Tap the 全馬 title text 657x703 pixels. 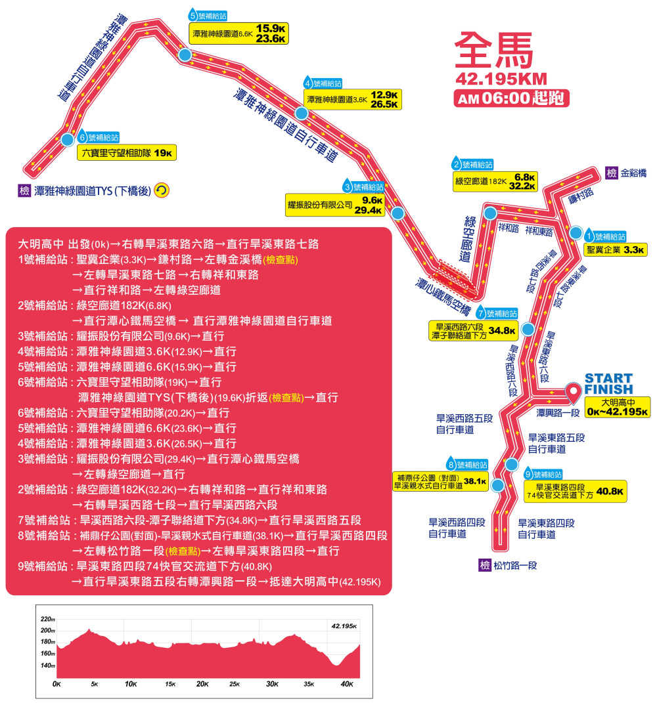[x=492, y=50]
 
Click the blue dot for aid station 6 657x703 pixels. [x=67, y=139]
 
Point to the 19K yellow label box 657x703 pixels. [x=127, y=153]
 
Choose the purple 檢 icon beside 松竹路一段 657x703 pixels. [x=485, y=565]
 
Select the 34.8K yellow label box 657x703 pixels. [x=473, y=330]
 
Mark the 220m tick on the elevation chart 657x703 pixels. [x=48, y=619]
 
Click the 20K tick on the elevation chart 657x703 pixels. [x=202, y=684]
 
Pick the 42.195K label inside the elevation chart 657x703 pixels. [x=344, y=626]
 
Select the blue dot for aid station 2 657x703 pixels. [x=489, y=212]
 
